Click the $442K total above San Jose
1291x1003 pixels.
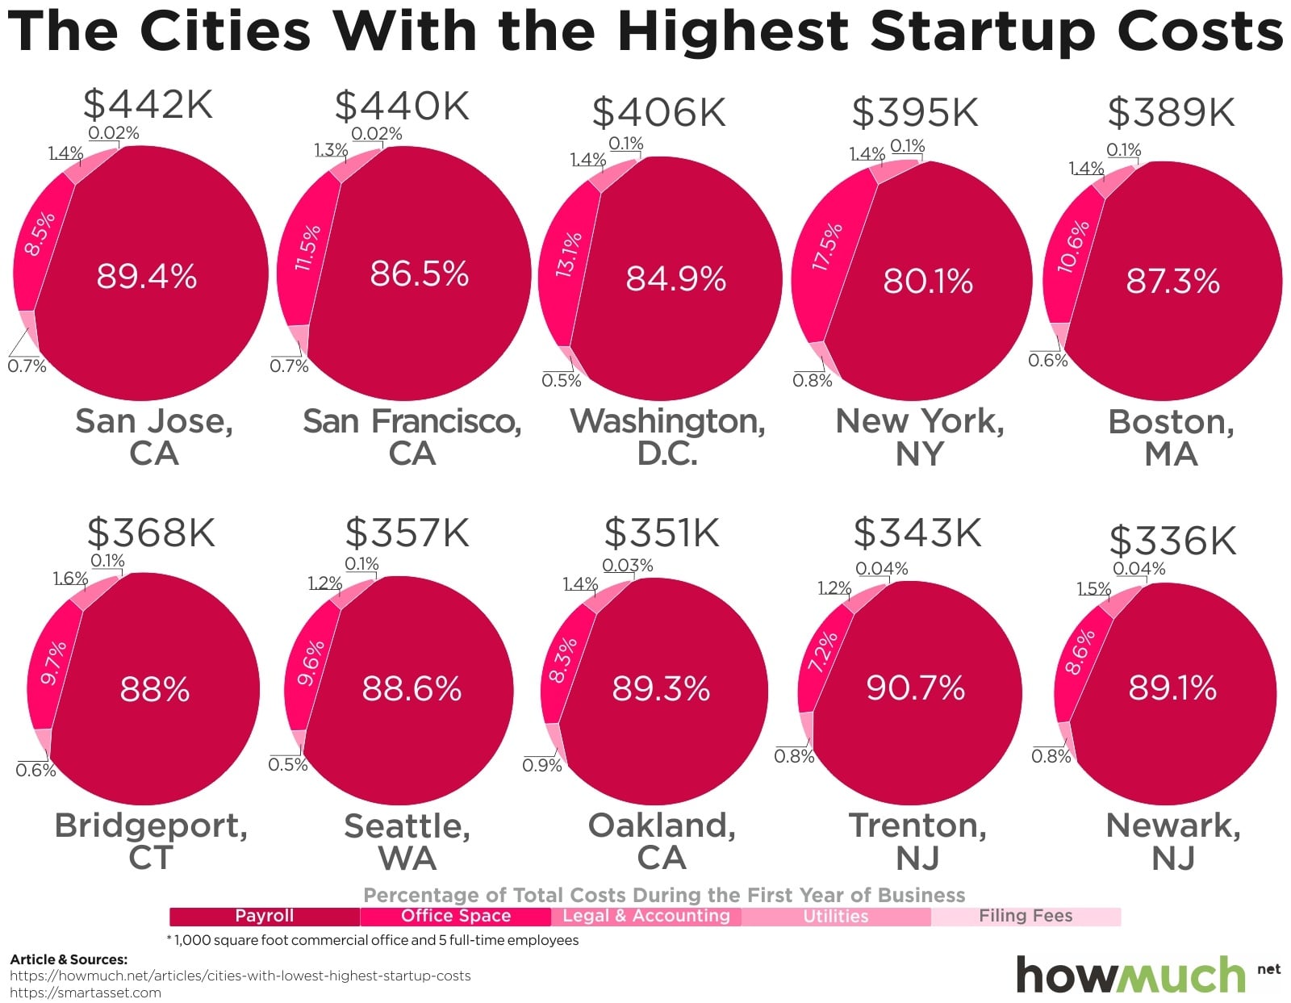tap(148, 104)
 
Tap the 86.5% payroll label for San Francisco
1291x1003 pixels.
tap(419, 274)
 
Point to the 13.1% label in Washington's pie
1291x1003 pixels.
tap(569, 255)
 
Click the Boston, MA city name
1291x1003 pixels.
tap(1171, 437)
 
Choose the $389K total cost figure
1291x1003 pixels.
tap(1171, 112)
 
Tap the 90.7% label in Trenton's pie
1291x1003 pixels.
tap(915, 688)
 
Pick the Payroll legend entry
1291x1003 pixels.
tap(264, 916)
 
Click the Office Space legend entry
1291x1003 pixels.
tap(455, 916)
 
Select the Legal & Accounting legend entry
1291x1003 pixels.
tap(645, 916)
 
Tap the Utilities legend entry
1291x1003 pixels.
tap(836, 917)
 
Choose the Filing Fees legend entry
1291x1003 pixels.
tap(1026, 916)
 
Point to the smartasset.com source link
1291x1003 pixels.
tap(85, 993)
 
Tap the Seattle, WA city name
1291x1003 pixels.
tap(407, 842)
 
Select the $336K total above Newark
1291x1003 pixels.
tap(1172, 541)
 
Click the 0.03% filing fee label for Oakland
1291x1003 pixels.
tap(628, 566)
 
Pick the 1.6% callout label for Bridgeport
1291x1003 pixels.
tap(70, 579)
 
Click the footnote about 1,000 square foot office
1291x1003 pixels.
tap(373, 940)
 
